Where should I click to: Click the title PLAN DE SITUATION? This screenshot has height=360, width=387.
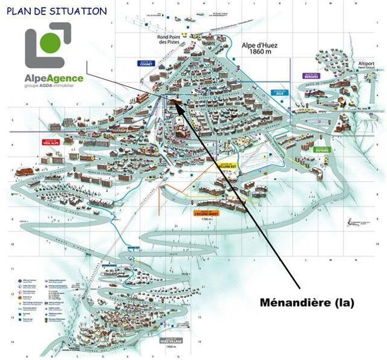[x=57, y=11]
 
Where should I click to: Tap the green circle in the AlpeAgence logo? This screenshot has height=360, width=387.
[x=52, y=42]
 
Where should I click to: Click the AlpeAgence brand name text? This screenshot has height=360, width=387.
[x=54, y=78]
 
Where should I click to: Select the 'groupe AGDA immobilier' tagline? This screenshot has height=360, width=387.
[x=54, y=86]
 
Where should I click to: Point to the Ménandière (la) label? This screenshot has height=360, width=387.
[x=307, y=301]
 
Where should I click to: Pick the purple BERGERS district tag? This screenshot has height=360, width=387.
[x=311, y=76]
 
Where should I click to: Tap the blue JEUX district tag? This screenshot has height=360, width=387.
[x=279, y=93]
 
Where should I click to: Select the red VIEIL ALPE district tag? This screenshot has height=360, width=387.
[x=50, y=143]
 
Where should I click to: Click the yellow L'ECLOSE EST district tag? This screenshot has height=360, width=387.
[x=224, y=165]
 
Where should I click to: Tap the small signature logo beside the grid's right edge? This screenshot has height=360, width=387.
[x=357, y=222]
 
